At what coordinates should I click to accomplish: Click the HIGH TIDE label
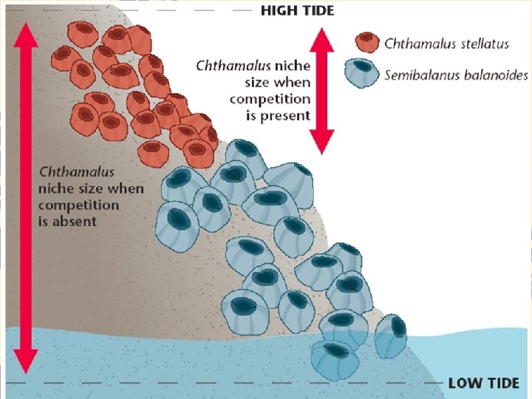click(297, 10)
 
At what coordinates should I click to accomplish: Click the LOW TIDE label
click(483, 383)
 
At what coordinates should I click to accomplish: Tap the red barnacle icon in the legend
click(365, 42)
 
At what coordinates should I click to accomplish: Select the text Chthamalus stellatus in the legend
click(446, 44)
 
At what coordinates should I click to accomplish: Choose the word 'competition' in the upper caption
click(270, 99)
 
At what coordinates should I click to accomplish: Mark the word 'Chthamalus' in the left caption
click(77, 171)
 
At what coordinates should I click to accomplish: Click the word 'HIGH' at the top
click(279, 10)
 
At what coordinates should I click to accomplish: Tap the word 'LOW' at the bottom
click(464, 383)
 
